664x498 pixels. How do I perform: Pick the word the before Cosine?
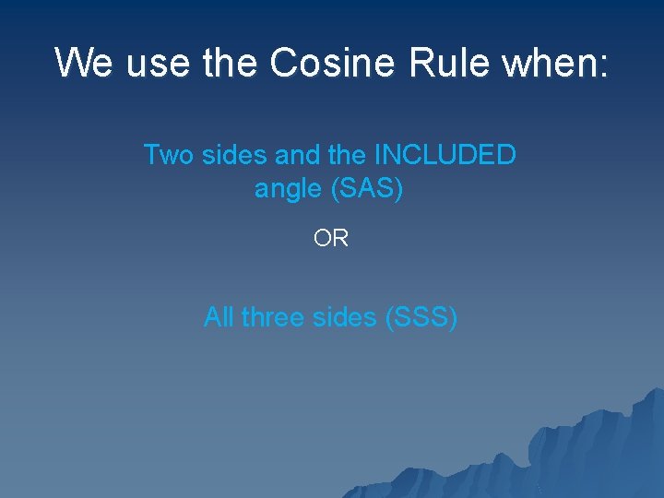tap(231, 64)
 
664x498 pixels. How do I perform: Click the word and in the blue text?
tap(296, 155)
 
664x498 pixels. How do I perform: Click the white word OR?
tap(331, 239)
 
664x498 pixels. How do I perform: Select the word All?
tap(219, 317)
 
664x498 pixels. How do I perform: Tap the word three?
tap(276, 317)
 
